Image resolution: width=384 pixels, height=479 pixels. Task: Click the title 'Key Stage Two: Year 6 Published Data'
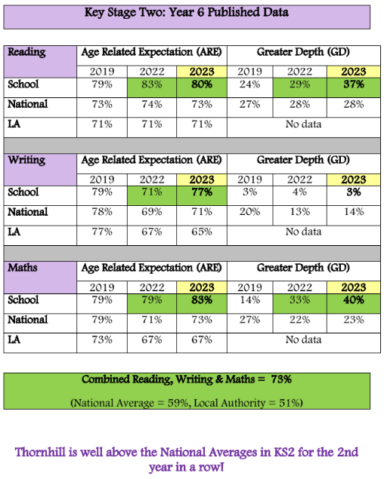click(187, 13)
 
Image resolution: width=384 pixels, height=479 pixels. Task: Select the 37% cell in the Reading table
click(354, 84)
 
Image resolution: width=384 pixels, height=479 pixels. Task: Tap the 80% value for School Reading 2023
click(202, 84)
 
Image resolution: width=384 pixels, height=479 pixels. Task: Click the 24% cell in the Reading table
click(250, 84)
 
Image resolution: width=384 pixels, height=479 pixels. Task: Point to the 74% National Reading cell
click(152, 105)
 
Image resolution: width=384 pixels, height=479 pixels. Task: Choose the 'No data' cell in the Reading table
click(303, 124)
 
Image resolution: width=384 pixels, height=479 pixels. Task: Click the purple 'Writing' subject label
click(26, 160)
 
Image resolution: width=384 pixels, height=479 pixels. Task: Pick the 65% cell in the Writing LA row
click(202, 232)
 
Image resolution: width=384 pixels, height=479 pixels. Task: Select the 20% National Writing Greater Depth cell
click(250, 212)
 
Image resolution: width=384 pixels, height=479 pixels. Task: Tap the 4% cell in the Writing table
click(300, 192)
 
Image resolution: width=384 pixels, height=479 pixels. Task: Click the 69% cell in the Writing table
click(152, 212)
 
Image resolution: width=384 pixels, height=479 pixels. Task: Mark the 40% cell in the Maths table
click(354, 300)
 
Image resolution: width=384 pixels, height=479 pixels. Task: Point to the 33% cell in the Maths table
click(300, 300)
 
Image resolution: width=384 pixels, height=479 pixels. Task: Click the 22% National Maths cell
click(300, 320)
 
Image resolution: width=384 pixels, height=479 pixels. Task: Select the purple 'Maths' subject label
click(23, 268)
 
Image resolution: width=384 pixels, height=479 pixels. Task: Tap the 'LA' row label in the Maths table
click(14, 339)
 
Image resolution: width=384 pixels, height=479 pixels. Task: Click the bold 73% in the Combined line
click(281, 379)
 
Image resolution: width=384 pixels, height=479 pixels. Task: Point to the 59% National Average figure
click(178, 404)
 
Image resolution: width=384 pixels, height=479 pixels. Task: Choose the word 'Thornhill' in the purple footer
click(40, 453)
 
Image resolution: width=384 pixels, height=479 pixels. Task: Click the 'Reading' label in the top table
click(26, 52)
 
